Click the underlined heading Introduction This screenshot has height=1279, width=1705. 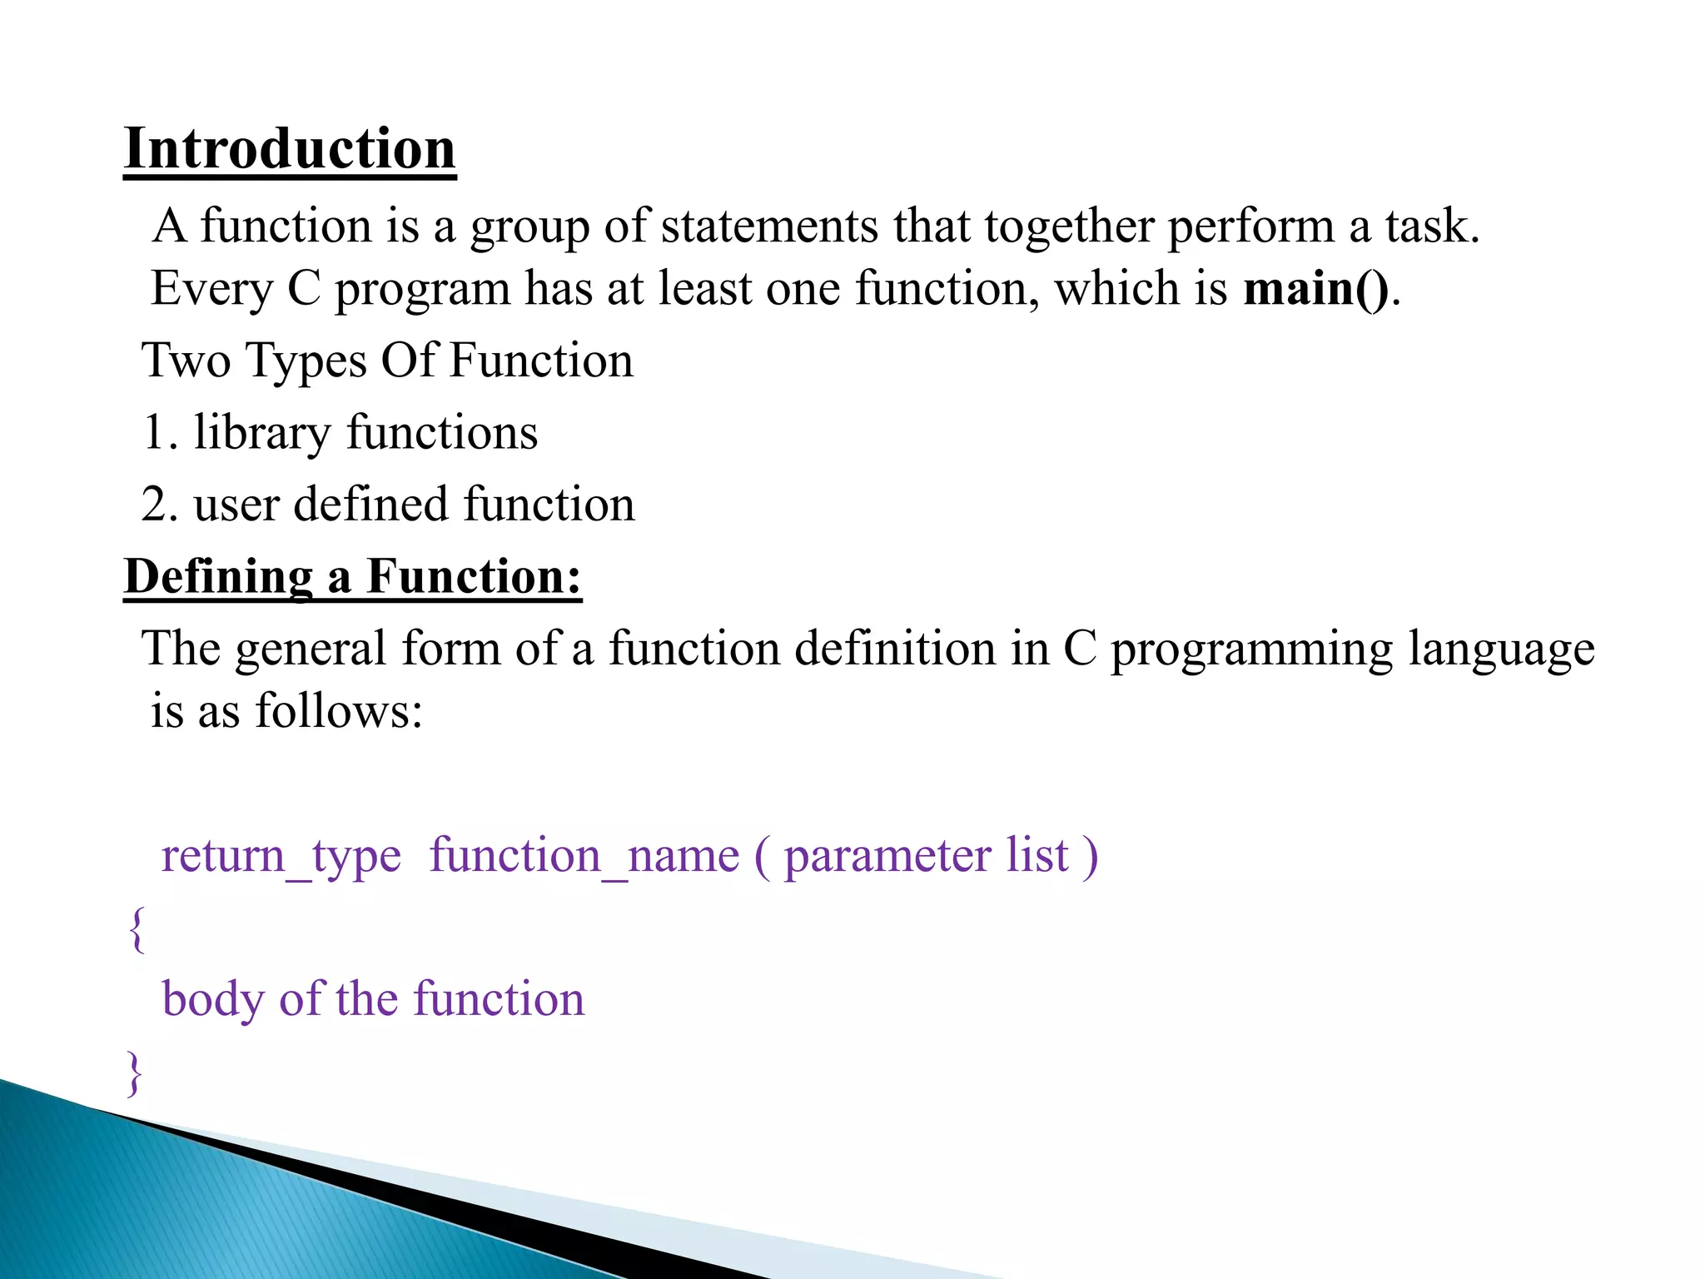289,149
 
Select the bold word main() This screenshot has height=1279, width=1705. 1315,289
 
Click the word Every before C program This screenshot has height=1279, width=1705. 211,289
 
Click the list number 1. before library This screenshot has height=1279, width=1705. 160,433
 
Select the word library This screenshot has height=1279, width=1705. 261,433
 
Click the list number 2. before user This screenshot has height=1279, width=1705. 160,505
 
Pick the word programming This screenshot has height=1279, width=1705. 1251,649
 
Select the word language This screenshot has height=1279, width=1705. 1501,649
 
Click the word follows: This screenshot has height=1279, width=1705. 339,711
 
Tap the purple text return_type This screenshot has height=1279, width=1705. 281,856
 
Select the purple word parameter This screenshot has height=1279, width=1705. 887,856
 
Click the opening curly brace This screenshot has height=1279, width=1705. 137,929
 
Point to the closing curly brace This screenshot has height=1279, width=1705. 134,1072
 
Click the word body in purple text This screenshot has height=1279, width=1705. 212,999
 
